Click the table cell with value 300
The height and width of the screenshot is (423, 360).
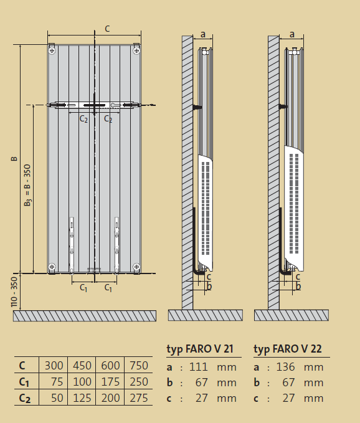coord(54,366)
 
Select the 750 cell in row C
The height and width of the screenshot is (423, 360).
coord(139,366)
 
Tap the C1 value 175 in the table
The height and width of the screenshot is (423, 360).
coord(110,382)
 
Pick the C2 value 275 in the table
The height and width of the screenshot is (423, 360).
coord(139,398)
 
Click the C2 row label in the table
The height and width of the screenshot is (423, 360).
coord(24,399)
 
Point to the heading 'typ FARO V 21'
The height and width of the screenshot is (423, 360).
coord(200,349)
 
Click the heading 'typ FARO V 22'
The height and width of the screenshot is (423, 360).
coord(288,349)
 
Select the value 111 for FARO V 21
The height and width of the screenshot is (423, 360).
coord(198,367)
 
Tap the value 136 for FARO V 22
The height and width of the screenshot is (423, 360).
coord(286,367)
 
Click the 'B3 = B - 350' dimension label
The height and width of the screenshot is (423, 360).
coord(27,185)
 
